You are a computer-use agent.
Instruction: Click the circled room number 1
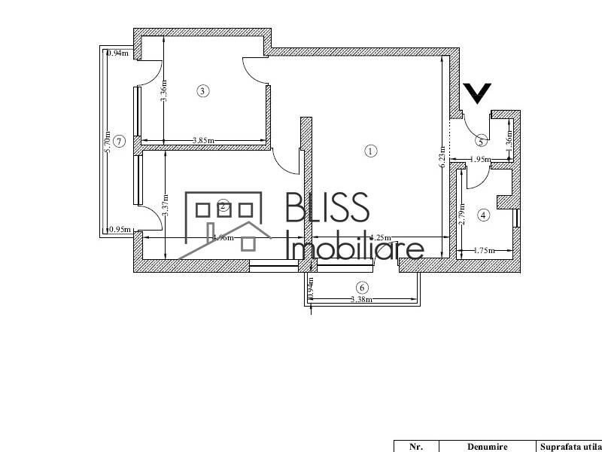(369, 151)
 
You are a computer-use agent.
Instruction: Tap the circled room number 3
(202, 91)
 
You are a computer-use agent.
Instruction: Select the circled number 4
(484, 215)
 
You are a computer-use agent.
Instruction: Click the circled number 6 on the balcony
(362, 287)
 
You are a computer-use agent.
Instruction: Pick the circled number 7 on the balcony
(117, 142)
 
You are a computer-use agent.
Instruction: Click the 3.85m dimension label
(203, 140)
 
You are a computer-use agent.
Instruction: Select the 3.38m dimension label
(362, 300)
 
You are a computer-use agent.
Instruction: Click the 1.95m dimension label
(479, 159)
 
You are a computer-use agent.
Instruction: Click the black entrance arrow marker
(477, 93)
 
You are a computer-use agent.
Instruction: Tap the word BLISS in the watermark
(327, 207)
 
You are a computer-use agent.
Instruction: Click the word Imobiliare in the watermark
(357, 246)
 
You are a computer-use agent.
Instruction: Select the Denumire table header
(486, 446)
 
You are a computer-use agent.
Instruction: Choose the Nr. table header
(415, 446)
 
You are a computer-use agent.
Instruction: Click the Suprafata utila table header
(570, 446)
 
